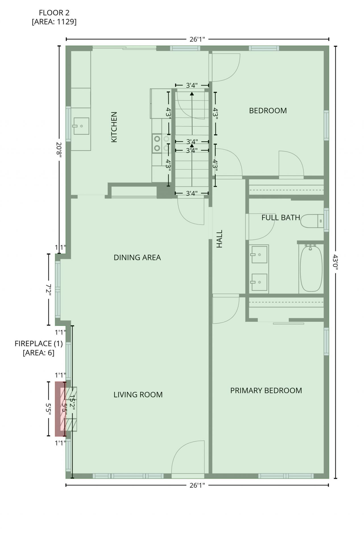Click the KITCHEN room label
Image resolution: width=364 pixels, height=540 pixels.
point(114,127)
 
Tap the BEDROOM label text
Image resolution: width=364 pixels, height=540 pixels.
point(268,111)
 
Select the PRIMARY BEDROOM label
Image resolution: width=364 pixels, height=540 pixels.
point(266,390)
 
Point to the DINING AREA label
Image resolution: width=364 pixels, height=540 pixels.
point(137,257)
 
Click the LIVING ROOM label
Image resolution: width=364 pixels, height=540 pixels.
point(138,394)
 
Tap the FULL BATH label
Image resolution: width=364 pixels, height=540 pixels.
point(281,218)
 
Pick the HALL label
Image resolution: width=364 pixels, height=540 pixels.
point(219,239)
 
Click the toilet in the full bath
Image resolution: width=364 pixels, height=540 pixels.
point(312,221)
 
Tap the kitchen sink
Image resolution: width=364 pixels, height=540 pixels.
point(81,126)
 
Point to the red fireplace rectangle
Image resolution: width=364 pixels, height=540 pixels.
point(60,409)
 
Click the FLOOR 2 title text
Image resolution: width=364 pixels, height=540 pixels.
point(54,13)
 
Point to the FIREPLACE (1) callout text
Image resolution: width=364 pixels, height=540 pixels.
point(39,344)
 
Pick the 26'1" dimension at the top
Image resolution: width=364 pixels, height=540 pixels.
point(197,39)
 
